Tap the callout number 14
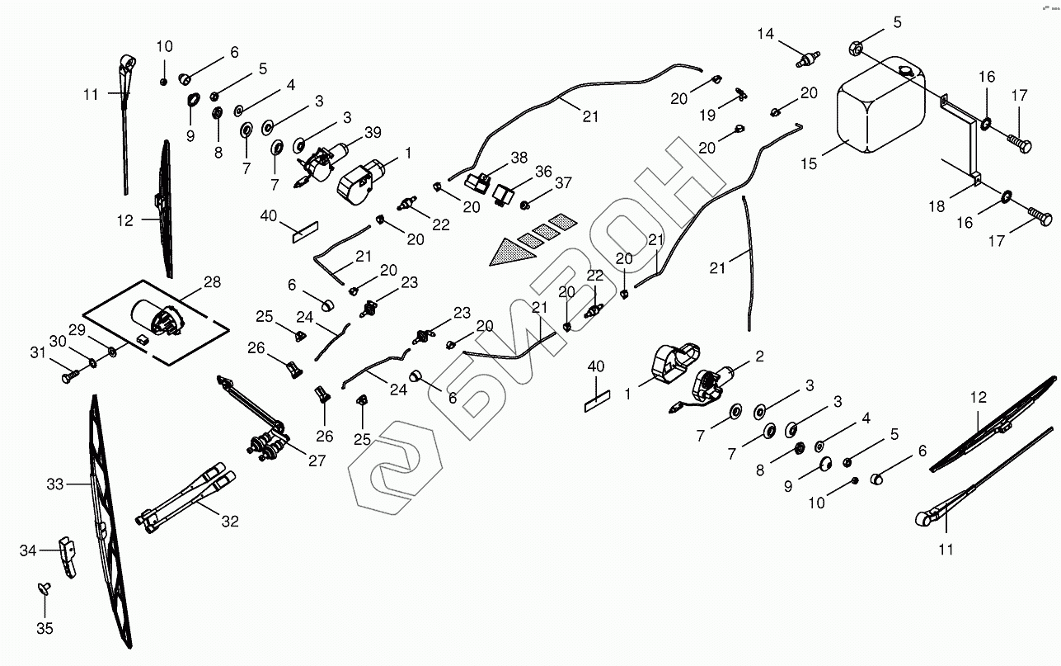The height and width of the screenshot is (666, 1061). (767, 34)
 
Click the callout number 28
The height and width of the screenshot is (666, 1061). (212, 282)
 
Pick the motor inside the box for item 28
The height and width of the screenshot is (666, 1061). (157, 318)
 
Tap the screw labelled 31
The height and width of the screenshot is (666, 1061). (69, 376)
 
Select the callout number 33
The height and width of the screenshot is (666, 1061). (54, 484)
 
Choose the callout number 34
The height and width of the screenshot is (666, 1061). (28, 550)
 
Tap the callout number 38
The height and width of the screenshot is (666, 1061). (519, 158)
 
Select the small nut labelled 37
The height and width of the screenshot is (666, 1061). (526, 201)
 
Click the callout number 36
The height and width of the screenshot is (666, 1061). (543, 171)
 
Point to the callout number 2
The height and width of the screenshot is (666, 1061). (759, 357)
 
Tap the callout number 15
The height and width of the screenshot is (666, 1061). (809, 163)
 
